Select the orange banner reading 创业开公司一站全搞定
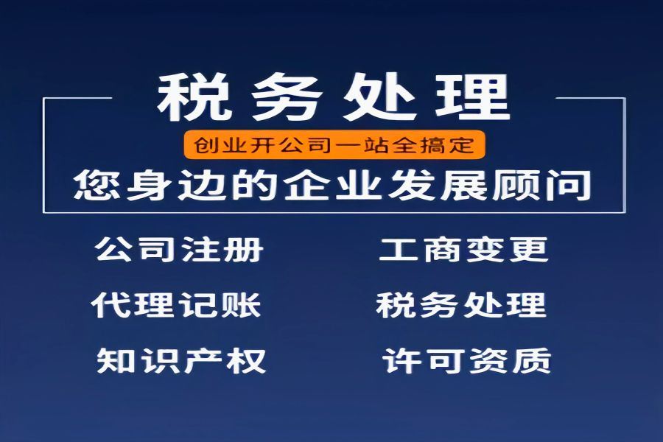[x=334, y=144]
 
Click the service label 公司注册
[x=179, y=249]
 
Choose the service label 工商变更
[x=464, y=249]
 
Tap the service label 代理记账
[x=176, y=305]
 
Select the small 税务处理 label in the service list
[x=461, y=305]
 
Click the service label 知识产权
[x=181, y=360]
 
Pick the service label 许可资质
[x=467, y=360]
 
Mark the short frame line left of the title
[x=78, y=98]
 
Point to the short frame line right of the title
[x=590, y=98]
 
